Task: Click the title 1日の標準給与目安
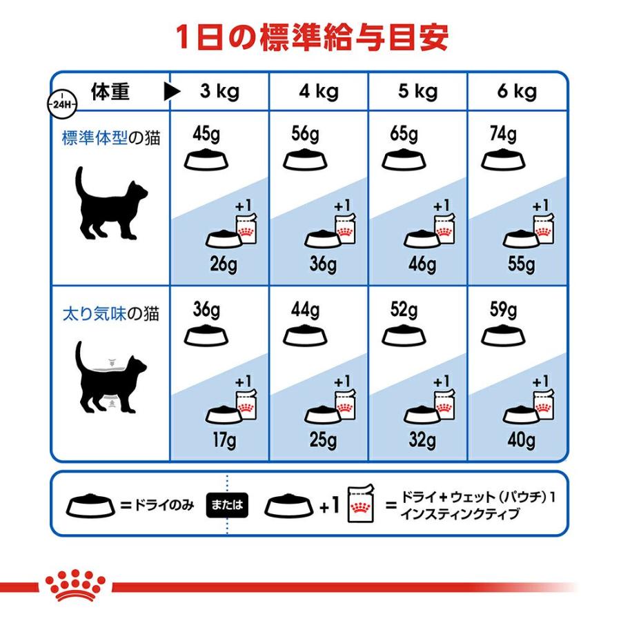pos(310,37)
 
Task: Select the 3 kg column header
pos(219,91)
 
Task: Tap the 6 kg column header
pos(517,91)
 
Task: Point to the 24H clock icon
pos(61,103)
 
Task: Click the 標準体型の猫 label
pos(110,138)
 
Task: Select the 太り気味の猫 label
pos(110,315)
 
